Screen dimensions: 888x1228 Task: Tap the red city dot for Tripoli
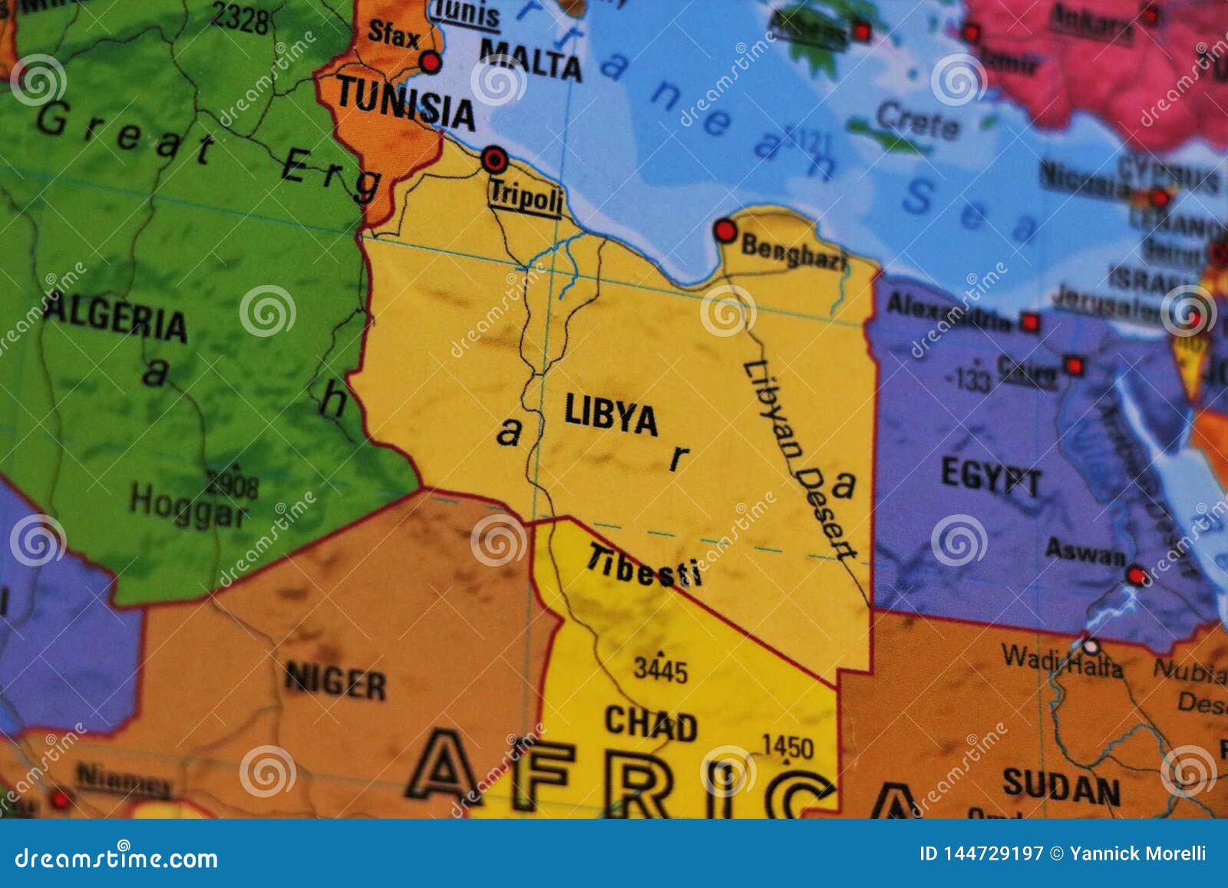pyautogui.click(x=494, y=160)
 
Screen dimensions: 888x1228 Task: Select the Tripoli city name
pyautogui.click(x=527, y=197)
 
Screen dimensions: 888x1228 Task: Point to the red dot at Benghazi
pyautogui.click(x=725, y=230)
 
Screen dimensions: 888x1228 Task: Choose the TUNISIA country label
pyautogui.click(x=406, y=103)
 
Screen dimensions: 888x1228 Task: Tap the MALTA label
pyautogui.click(x=530, y=58)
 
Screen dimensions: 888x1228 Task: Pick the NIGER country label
pyautogui.click(x=335, y=682)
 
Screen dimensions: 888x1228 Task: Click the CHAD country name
pyautogui.click(x=650, y=723)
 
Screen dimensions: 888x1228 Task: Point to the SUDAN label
pyautogui.click(x=1061, y=786)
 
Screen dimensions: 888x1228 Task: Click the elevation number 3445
pyautogui.click(x=660, y=670)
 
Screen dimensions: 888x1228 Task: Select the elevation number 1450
pyautogui.click(x=787, y=746)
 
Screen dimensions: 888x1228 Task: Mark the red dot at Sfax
pyautogui.click(x=431, y=62)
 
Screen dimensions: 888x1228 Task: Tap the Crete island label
pyautogui.click(x=917, y=120)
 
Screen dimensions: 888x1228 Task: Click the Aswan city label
pyautogui.click(x=1085, y=552)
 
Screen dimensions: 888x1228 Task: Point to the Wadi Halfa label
pyautogui.click(x=1061, y=662)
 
